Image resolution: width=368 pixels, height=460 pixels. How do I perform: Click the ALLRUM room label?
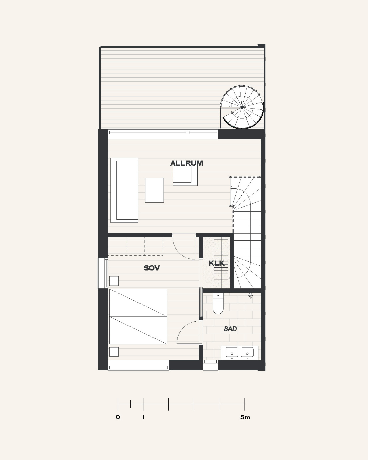[186, 163]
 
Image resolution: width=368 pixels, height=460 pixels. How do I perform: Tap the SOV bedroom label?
[152, 268]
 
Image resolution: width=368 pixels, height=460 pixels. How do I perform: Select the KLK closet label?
[216, 263]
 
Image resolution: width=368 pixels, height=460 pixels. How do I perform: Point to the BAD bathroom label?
[230, 329]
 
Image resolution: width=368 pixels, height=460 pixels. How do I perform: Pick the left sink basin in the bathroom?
[232, 352]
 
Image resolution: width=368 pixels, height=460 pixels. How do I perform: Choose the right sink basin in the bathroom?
[247, 352]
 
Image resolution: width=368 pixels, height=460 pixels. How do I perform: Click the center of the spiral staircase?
[242, 107]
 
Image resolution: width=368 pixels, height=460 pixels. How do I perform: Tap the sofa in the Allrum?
[124, 190]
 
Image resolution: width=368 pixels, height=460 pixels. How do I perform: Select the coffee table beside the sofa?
[154, 190]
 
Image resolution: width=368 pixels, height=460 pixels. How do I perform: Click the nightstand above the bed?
[114, 281]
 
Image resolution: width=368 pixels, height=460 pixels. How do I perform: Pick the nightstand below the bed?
[114, 352]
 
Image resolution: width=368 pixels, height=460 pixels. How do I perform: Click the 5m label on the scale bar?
[245, 417]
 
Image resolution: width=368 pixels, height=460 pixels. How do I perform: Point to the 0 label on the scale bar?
[118, 417]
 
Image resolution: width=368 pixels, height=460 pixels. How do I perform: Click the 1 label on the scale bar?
[143, 417]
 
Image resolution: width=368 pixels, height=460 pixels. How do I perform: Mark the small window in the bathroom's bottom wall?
[210, 365]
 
